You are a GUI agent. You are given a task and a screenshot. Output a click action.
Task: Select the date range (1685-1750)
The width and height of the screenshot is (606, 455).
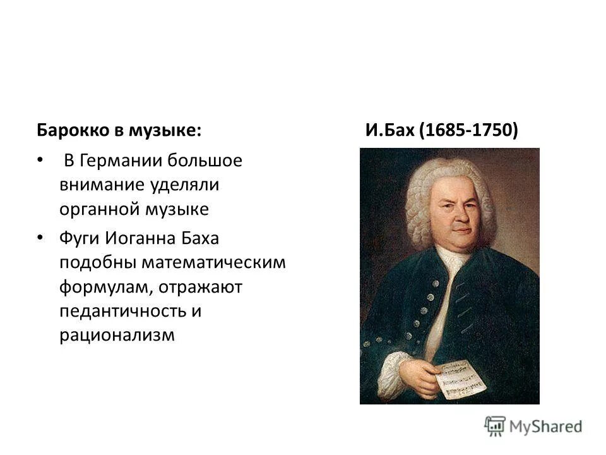(x=471, y=130)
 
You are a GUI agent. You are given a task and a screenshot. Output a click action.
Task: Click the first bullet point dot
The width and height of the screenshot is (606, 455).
(x=41, y=161)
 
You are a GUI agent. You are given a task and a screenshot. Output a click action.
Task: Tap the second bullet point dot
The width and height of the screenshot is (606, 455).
(x=41, y=238)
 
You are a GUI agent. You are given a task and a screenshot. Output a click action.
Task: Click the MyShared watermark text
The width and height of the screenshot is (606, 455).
(x=545, y=425)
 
